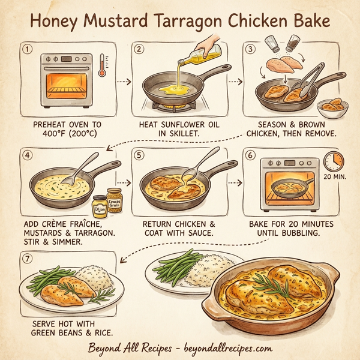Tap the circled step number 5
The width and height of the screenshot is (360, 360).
click(x=140, y=154)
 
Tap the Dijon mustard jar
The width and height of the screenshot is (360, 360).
click(x=100, y=206)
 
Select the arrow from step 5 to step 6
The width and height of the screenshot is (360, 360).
click(x=235, y=183)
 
